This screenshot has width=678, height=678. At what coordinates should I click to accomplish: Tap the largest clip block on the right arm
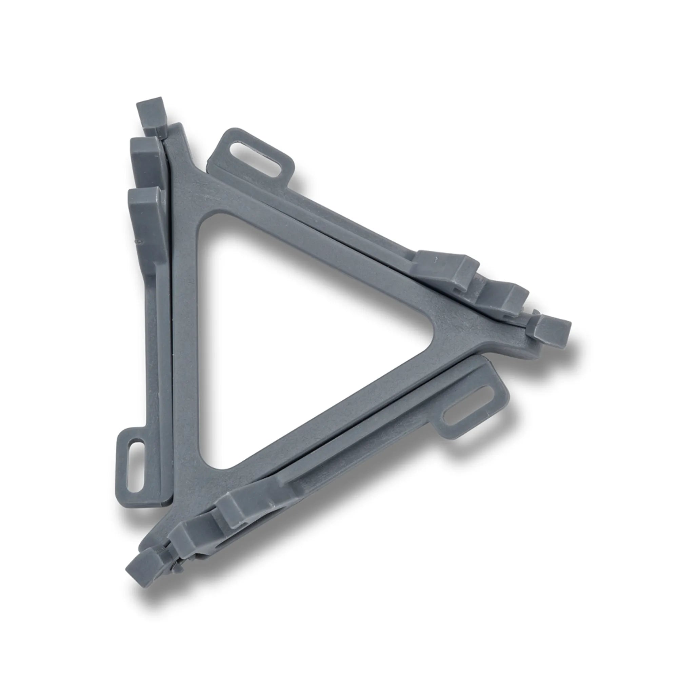tap(446, 267)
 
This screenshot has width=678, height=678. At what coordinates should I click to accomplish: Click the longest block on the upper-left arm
tap(144, 225)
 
